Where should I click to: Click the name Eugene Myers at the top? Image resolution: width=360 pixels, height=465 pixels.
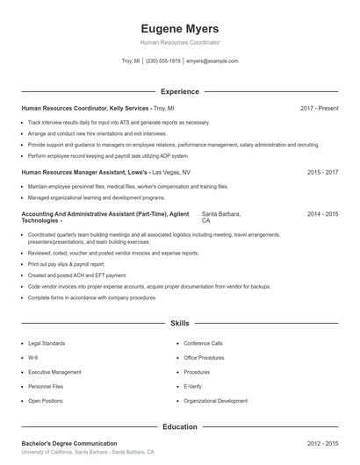(x=180, y=28)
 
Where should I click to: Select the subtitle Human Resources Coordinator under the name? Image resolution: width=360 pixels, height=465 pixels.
(x=180, y=42)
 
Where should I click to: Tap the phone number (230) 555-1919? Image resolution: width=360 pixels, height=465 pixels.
(x=162, y=61)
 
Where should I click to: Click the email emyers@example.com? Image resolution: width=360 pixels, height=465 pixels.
(x=212, y=61)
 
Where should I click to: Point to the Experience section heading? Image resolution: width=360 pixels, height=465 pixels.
(x=180, y=91)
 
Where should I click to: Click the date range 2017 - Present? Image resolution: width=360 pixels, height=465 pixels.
(x=319, y=108)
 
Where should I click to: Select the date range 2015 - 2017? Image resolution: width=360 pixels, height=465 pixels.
(x=322, y=173)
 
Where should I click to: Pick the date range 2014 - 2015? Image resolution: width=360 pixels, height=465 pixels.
(x=322, y=214)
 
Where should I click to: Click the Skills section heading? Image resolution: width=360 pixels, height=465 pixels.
(x=180, y=324)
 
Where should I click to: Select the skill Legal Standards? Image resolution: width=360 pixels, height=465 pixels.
(x=46, y=343)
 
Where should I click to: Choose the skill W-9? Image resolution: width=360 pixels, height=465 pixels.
(x=32, y=358)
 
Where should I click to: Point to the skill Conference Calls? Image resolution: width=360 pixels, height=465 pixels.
(x=203, y=343)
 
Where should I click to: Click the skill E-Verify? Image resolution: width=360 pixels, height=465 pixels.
(x=193, y=386)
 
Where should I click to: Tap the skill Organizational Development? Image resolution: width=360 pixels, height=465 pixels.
(x=215, y=400)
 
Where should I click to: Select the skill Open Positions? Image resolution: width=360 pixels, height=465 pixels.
(x=46, y=400)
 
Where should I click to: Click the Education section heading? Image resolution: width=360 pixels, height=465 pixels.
(x=180, y=426)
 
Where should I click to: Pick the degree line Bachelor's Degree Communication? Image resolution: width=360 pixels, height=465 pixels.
(x=69, y=444)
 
